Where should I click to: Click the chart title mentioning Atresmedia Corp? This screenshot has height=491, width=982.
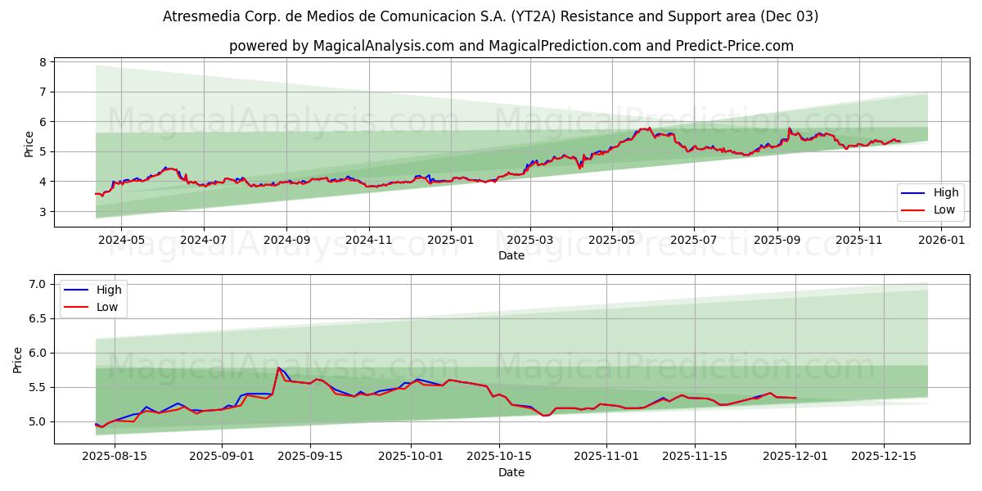pos(491,16)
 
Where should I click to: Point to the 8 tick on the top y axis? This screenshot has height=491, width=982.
pos(41,62)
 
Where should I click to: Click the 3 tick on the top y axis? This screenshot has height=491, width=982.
pos(41,212)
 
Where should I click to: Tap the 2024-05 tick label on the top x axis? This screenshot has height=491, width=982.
pos(120,241)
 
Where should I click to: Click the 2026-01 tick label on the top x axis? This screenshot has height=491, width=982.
pos(941,241)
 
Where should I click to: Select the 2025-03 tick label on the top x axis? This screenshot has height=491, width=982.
pos(530,241)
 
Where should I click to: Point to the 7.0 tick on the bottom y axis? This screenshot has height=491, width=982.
pos(37,284)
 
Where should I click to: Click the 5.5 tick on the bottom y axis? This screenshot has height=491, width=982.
pos(37,387)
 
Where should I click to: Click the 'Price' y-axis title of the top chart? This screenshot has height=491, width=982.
pos(29,144)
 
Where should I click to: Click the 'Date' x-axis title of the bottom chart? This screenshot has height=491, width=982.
pos(511,472)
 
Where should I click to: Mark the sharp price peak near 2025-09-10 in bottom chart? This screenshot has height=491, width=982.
pos(278,367)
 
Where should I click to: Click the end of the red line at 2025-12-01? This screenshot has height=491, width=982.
pos(795,398)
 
